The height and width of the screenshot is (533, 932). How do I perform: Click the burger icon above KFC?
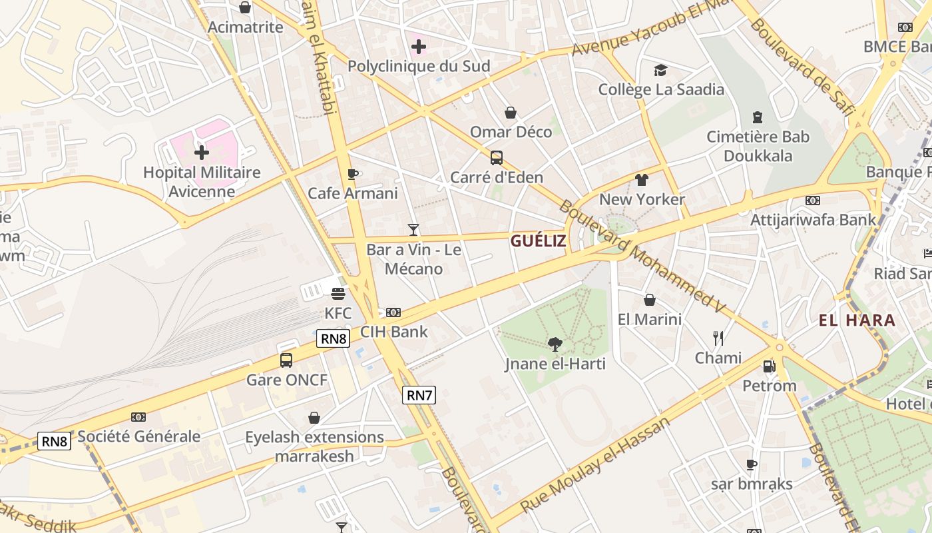point(338,293)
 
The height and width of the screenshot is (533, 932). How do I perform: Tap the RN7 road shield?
point(419,395)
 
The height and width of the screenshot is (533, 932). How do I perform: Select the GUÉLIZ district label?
point(538,241)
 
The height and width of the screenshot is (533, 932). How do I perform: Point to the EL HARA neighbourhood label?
point(857,320)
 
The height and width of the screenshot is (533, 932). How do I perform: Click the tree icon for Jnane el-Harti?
point(555,344)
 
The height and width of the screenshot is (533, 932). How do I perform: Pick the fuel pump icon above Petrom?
point(769,366)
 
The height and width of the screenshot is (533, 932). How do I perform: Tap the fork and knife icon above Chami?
point(718,338)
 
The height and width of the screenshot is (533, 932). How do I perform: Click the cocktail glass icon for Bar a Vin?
point(413,230)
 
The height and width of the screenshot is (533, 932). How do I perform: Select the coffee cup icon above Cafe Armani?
point(352,175)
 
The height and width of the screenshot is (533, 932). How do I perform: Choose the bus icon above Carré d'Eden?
point(497,158)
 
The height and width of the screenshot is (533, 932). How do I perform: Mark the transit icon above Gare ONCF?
point(286,360)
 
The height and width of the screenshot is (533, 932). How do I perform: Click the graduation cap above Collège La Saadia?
point(660,70)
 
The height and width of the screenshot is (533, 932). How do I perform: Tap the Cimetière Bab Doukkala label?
point(758,147)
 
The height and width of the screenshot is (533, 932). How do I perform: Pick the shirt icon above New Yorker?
point(642,180)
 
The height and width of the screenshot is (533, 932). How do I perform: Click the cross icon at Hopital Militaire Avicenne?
point(202,153)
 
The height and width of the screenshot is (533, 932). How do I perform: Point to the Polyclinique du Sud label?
point(419,66)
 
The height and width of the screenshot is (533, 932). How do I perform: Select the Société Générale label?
point(139,436)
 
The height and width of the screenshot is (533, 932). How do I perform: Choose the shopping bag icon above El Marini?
point(649,300)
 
